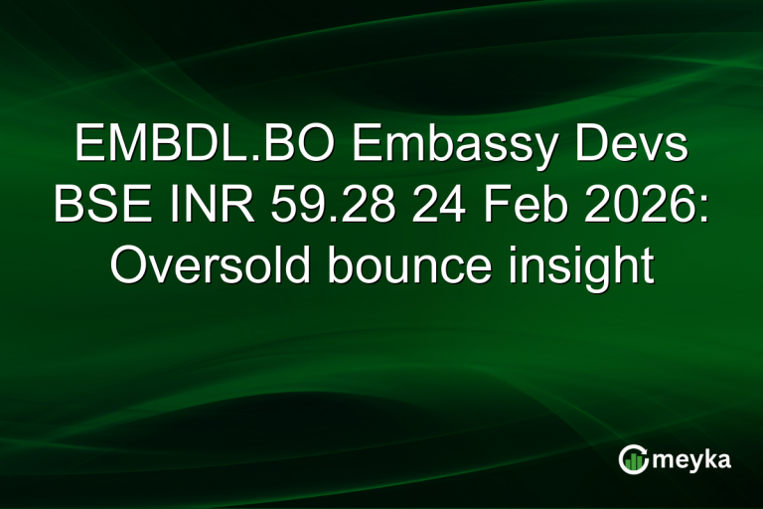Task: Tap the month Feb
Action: point(524,208)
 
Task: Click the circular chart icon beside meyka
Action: point(633,458)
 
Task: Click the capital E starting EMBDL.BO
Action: point(88,148)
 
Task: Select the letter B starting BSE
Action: point(68,208)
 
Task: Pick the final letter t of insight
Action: point(646,267)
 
